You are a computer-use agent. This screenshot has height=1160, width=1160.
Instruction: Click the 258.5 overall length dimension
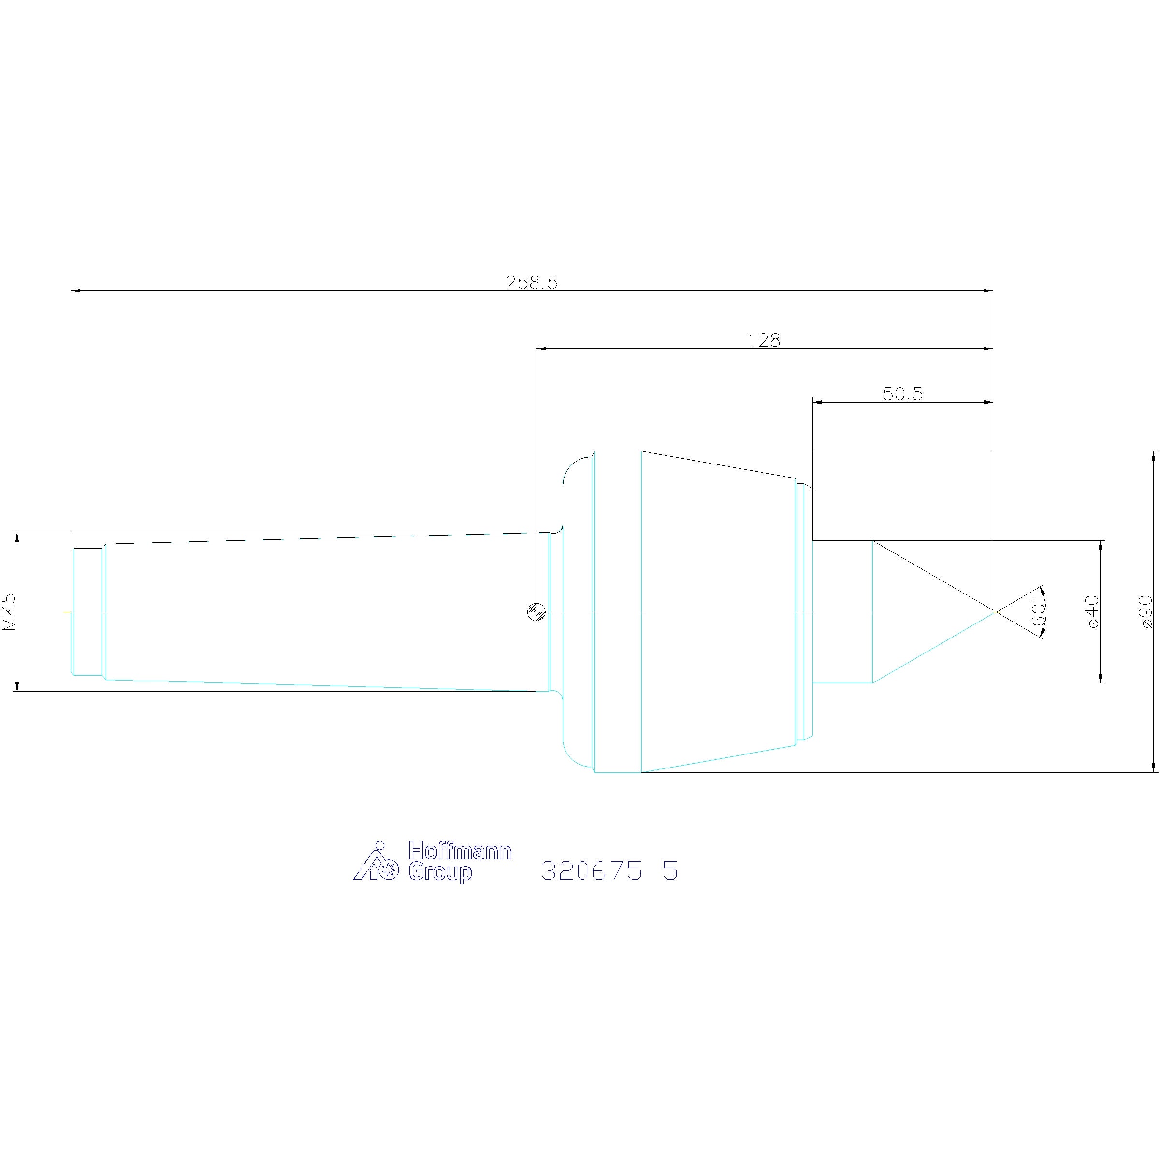(531, 282)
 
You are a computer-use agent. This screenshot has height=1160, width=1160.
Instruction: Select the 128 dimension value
(764, 340)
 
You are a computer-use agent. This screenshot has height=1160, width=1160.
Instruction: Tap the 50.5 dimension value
(902, 394)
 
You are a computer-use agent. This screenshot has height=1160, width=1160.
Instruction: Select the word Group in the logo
(440, 872)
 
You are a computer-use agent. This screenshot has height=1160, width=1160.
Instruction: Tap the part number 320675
(592, 870)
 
